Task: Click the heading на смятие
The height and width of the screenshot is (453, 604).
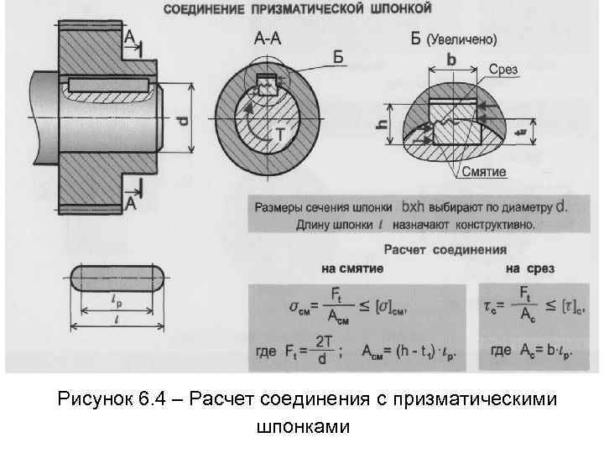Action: (x=352, y=268)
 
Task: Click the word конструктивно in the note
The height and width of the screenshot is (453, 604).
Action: (x=488, y=225)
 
